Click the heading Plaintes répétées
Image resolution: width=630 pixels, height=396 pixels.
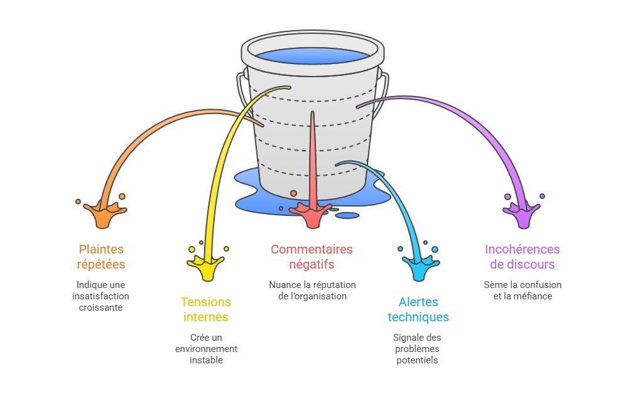[101, 256]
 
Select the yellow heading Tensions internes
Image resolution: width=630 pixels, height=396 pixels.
[205, 309]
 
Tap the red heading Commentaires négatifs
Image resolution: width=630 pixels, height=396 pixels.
[312, 257]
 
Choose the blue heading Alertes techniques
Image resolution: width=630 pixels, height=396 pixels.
[418, 309]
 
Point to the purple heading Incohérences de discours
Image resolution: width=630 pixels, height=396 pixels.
[522, 257]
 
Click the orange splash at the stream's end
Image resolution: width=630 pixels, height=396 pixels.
[102, 213]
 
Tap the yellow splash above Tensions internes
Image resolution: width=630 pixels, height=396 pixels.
[207, 267]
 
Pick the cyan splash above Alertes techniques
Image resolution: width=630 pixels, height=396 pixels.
[417, 267]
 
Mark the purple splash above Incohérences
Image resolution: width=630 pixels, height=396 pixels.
[523, 213]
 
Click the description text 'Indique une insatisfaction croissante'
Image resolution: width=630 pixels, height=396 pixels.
[100, 296]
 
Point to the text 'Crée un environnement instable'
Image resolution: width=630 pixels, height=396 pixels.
[206, 349]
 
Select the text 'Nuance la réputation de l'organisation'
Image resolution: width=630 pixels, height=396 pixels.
[312, 291]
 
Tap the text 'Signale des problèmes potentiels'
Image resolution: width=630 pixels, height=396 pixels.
[417, 349]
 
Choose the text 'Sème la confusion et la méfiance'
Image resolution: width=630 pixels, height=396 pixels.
[523, 291]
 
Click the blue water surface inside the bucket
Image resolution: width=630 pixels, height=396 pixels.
[312, 55]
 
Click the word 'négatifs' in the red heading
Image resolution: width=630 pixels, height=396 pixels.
[312, 264]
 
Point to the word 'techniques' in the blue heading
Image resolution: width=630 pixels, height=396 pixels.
[418, 317]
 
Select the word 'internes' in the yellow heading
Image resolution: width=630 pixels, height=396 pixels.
[205, 317]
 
